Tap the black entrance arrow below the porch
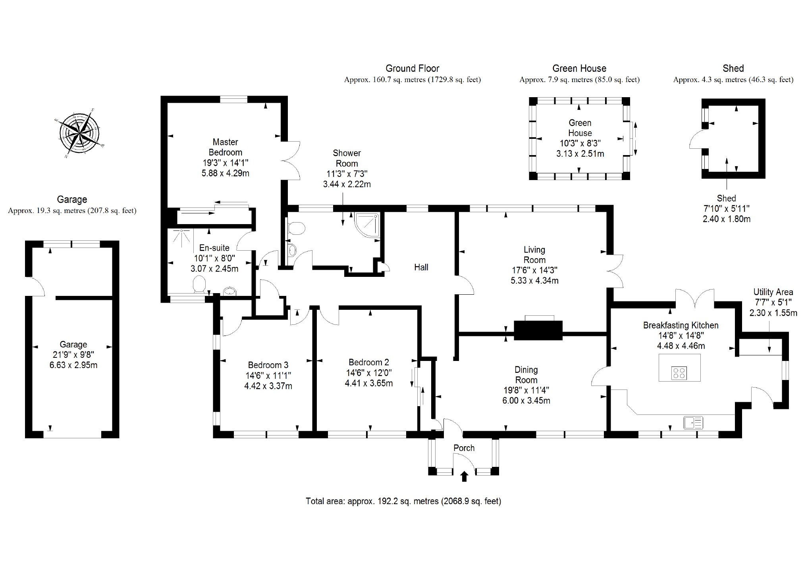(464, 476)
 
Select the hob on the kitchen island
(679, 373)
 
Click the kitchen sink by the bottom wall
(693, 422)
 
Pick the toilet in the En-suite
(199, 284)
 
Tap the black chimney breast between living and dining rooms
(538, 330)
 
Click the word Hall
(421, 267)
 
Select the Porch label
(464, 448)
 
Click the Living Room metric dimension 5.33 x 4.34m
(534, 281)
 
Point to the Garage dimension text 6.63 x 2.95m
(73, 365)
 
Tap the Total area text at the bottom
(403, 501)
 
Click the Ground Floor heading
(412, 69)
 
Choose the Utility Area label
(773, 292)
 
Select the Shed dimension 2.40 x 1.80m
(727, 219)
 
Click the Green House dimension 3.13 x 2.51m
(580, 154)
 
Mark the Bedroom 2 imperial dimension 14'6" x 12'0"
(369, 373)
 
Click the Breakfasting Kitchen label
(681, 325)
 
